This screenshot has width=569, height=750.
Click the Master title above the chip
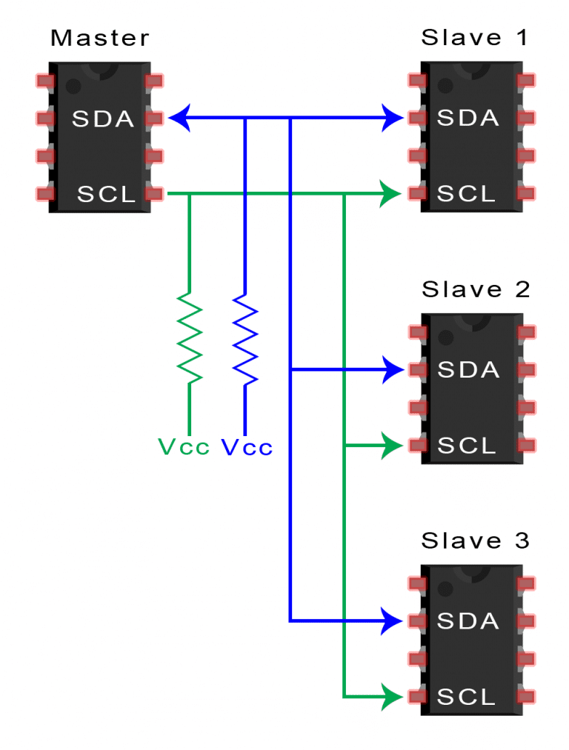pyautogui.click(x=99, y=38)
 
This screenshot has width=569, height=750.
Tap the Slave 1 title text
pyautogui.click(x=475, y=38)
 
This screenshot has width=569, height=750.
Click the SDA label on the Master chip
pyautogui.click(x=103, y=118)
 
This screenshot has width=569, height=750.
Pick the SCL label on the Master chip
pyautogui.click(x=107, y=195)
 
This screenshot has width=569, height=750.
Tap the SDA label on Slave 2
pyautogui.click(x=468, y=369)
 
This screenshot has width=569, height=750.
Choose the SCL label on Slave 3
pyautogui.click(x=466, y=697)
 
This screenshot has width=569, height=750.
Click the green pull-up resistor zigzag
pyautogui.click(x=190, y=338)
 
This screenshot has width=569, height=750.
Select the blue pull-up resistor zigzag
pyautogui.click(x=245, y=338)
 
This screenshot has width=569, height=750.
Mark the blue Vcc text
pyautogui.click(x=247, y=447)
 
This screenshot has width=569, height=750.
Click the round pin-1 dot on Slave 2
pyautogui.click(x=445, y=338)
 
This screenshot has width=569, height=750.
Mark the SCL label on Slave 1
pyautogui.click(x=466, y=195)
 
